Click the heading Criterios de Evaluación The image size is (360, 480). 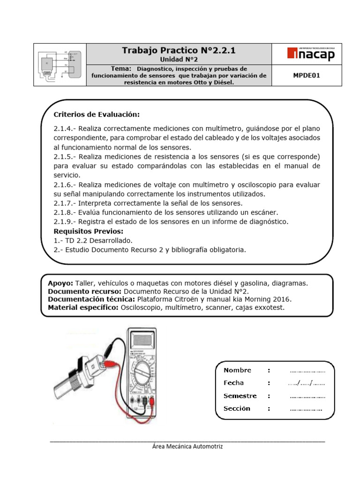coord(97,115)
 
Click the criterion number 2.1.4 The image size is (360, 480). coord(65,128)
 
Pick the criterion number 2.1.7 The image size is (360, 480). coord(65,203)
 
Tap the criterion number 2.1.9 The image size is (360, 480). coord(65,222)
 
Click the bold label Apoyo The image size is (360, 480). coord(60,283)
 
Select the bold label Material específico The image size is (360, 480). coord(83,307)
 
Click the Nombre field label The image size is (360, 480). coord(237,370)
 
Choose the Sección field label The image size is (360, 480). coord(237,408)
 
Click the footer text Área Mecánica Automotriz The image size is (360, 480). coord(187,446)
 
